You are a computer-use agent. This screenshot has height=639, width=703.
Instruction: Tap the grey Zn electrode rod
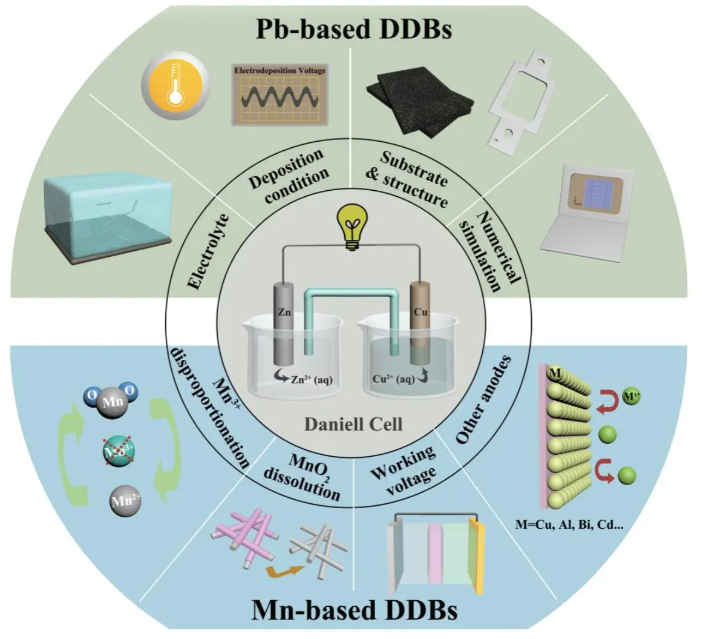click(x=282, y=321)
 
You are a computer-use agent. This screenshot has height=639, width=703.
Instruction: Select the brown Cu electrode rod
click(x=419, y=321)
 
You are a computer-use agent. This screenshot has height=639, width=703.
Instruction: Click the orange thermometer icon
click(x=175, y=83)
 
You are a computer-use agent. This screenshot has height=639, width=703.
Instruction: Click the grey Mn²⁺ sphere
click(x=125, y=502)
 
